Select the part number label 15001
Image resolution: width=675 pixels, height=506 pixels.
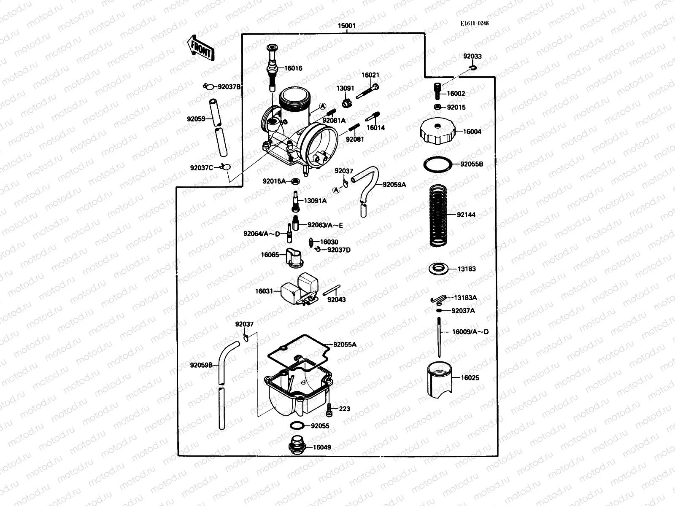click(346, 26)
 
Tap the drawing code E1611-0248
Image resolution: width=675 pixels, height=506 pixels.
click(475, 24)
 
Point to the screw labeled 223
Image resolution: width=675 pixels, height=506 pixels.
click(329, 408)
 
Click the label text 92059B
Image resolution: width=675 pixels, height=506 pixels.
click(201, 365)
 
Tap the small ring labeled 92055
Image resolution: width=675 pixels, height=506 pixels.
click(297, 425)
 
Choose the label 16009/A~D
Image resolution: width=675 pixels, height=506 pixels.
click(470, 332)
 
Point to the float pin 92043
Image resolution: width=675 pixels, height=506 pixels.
click(332, 291)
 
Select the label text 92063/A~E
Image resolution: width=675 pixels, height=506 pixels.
click(325, 225)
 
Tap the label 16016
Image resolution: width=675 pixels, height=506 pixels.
click(293, 68)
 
